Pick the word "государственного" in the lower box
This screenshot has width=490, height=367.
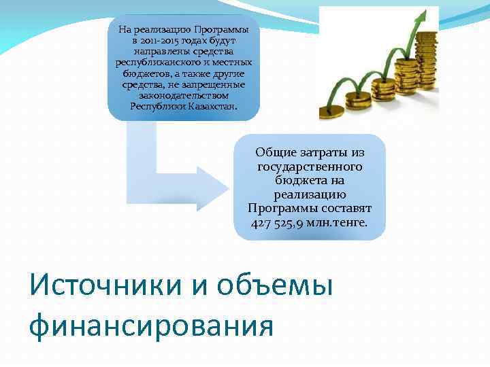coord(310,167)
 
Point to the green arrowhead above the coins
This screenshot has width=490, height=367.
coord(428,15)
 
